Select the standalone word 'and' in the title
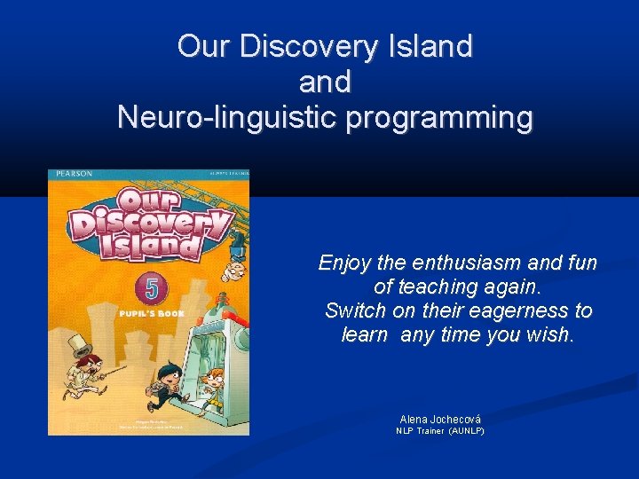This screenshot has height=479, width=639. pyautogui.click(x=325, y=82)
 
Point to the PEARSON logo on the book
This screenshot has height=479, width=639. pyautogui.click(x=72, y=174)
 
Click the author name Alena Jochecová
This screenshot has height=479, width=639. pyautogui.click(x=440, y=419)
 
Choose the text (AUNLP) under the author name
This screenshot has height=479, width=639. pyautogui.click(x=466, y=431)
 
